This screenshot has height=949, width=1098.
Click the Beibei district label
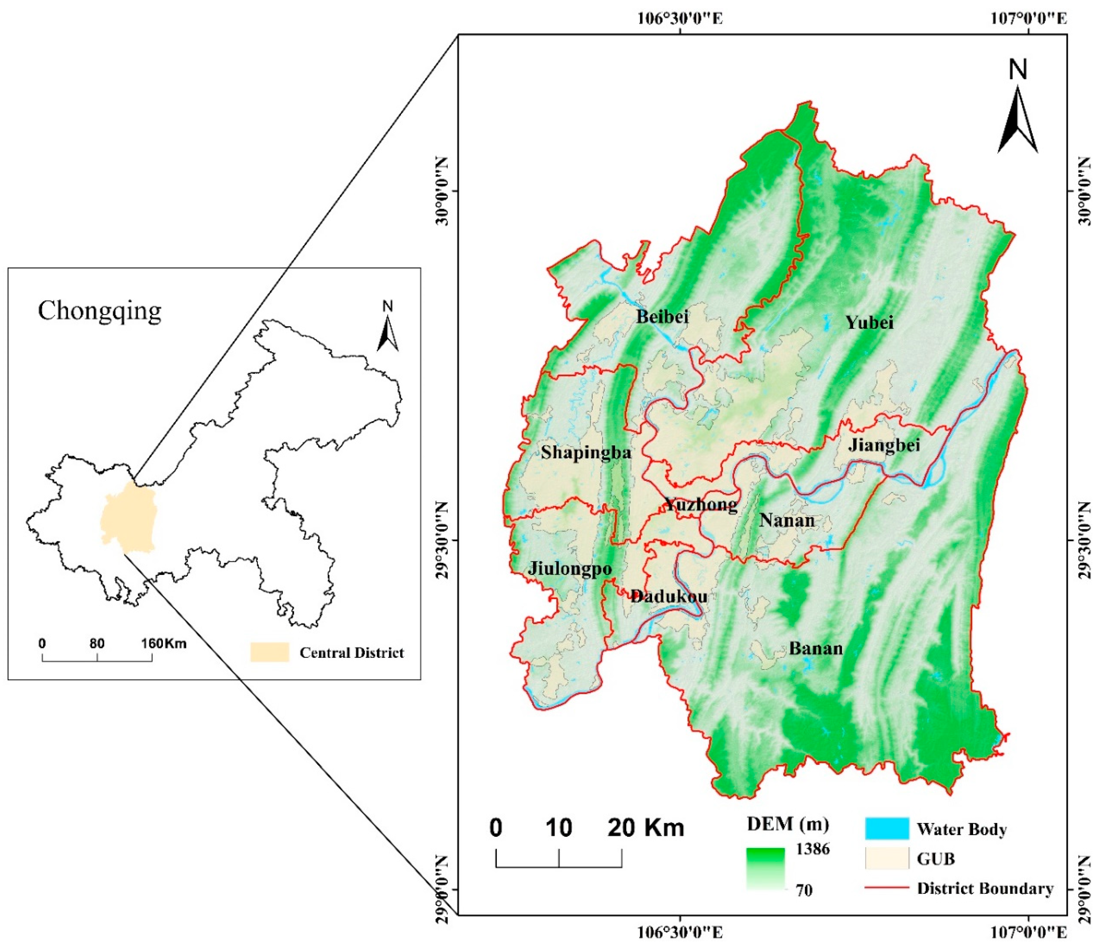pyautogui.click(x=662, y=317)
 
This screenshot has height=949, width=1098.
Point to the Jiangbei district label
pyautogui.click(x=884, y=444)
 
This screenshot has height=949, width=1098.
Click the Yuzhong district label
pyautogui.click(x=701, y=504)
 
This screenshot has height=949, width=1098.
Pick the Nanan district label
pyautogui.click(x=787, y=521)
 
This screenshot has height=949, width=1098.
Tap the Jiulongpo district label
pyautogui.click(x=570, y=569)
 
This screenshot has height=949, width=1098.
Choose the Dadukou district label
pyautogui.click(x=669, y=597)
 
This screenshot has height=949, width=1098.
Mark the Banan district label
pyautogui.click(x=816, y=649)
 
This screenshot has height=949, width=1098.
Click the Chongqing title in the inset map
pyautogui.click(x=99, y=311)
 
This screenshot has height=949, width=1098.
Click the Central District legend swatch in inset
pyautogui.click(x=270, y=652)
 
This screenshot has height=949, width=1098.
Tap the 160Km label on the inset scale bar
pyautogui.click(x=164, y=644)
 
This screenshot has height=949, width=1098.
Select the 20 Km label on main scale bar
pyautogui.click(x=645, y=828)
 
